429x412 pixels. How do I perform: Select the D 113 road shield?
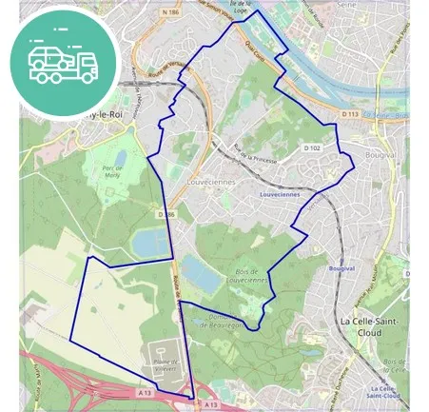[x=348, y=112]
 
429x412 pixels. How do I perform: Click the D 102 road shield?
[x=312, y=147]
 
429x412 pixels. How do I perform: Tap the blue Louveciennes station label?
[x=279, y=193]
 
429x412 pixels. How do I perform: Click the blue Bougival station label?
[x=341, y=269]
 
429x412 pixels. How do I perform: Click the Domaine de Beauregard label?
[x=221, y=321]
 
